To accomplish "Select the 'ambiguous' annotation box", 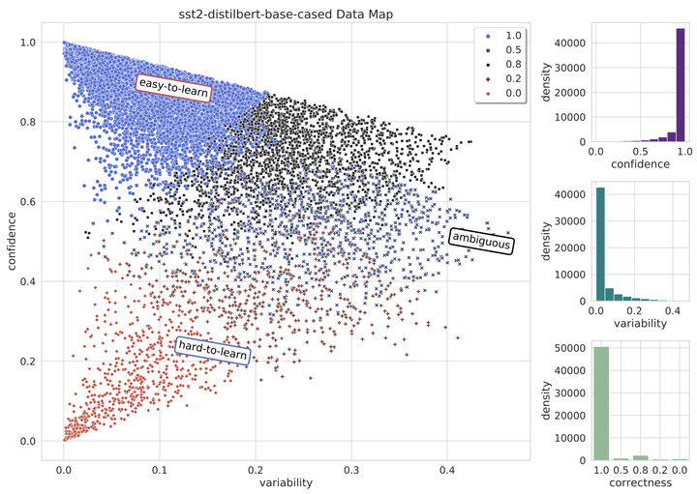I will coord(481,240).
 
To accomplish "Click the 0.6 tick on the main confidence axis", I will coord(35,202).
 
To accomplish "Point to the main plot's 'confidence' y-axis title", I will coord(11,242).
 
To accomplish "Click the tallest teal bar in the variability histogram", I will coord(600,244).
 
